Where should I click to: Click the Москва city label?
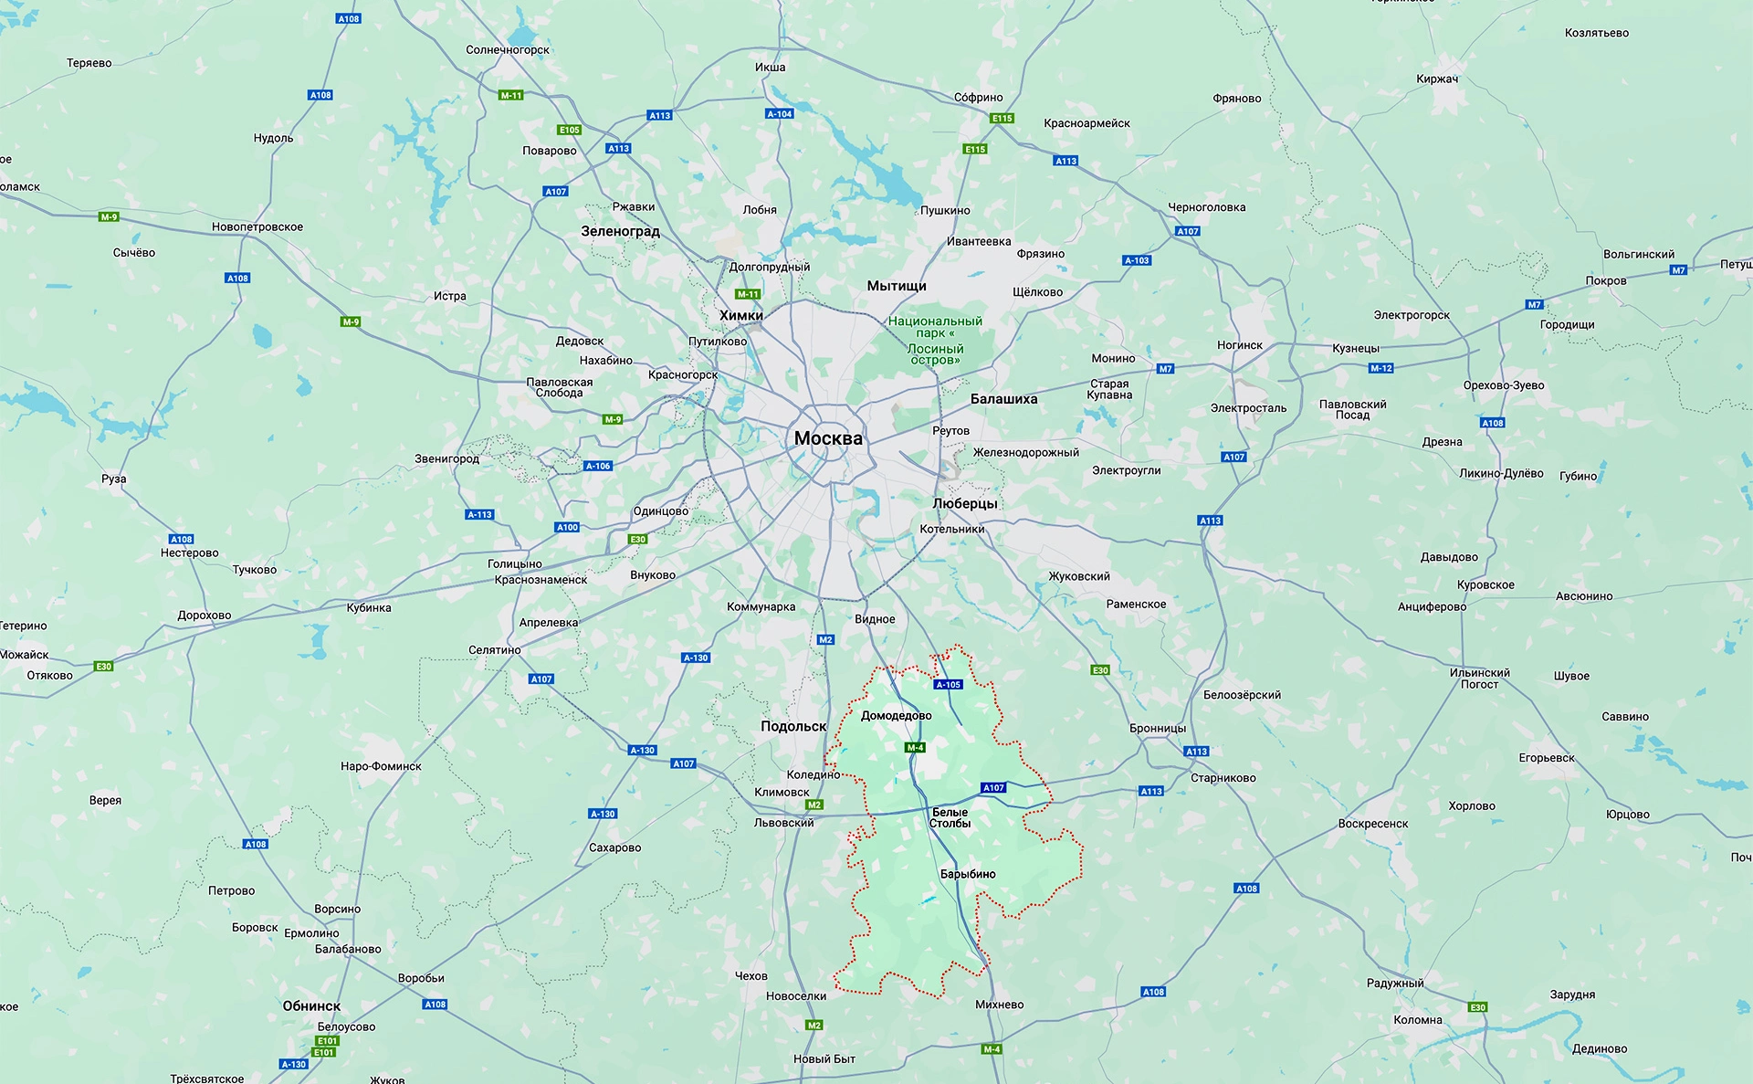coord(828,438)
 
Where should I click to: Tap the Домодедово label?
coord(896,716)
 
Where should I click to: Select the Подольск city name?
coord(793,726)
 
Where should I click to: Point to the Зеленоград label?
coord(620,231)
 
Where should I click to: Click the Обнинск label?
coord(311,1005)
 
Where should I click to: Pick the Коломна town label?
coord(1418,1020)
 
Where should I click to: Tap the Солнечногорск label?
coord(508,50)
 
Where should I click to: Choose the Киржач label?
coord(1437,79)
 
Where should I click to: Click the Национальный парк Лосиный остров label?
coord(935,340)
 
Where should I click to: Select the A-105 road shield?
coord(949,684)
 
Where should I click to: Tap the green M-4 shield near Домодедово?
coord(915,747)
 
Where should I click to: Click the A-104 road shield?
coord(779,114)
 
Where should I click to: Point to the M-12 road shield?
coord(1380,368)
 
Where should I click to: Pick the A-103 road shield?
coord(1137,260)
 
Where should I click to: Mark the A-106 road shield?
coord(598,466)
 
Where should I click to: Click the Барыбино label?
coord(968,874)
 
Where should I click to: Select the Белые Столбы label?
coord(950,817)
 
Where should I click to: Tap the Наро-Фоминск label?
coord(381,766)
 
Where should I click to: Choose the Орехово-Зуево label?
coord(1504,385)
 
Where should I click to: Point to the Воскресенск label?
coord(1372,824)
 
